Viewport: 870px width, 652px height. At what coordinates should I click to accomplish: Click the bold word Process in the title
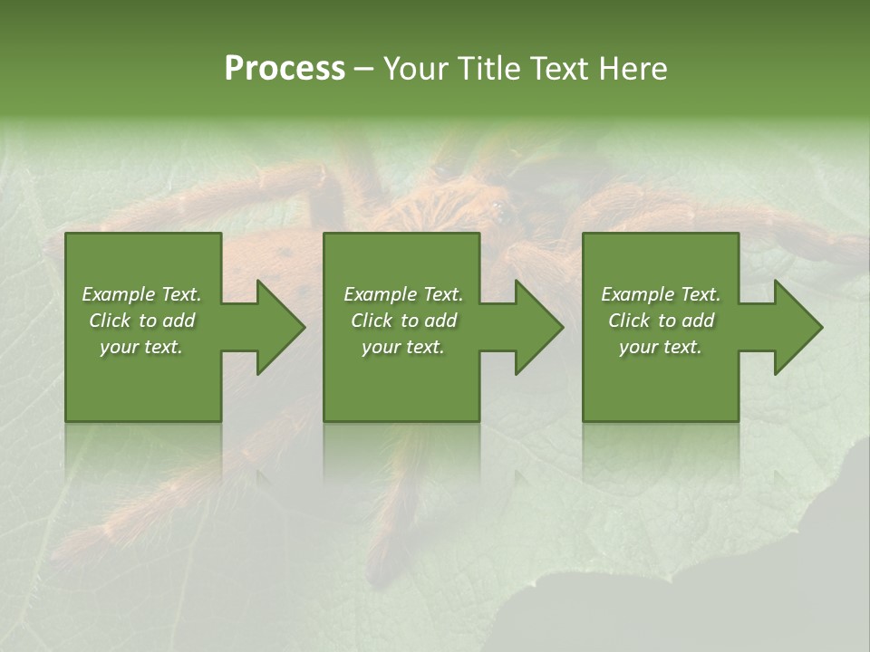pos(285,69)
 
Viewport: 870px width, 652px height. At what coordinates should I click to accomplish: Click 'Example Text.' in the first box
pos(141,294)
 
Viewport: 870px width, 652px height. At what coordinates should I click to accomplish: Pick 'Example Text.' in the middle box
pos(403,294)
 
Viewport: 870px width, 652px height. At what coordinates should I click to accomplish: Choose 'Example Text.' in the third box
pos(661,294)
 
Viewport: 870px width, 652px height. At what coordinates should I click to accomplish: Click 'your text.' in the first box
pos(141,347)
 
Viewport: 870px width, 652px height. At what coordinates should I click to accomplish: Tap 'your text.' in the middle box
pos(403,347)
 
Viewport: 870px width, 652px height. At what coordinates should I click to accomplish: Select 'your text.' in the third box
pos(661,347)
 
